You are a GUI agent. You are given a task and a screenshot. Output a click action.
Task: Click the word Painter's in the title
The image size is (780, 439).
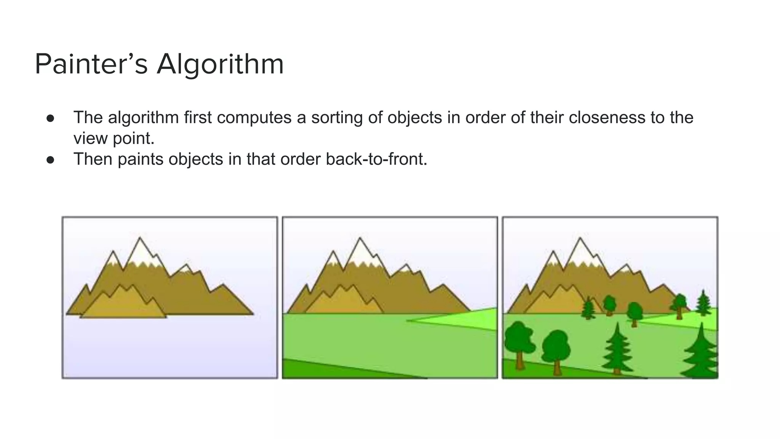[91, 64]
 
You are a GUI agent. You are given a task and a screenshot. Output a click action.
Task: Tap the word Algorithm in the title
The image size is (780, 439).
[220, 64]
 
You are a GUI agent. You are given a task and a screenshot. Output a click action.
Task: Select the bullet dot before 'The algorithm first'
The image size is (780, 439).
[50, 118]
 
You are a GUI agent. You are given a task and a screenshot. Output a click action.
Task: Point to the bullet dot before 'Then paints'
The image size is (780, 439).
[50, 160]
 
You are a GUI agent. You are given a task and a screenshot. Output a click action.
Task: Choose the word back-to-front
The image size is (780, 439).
[376, 159]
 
